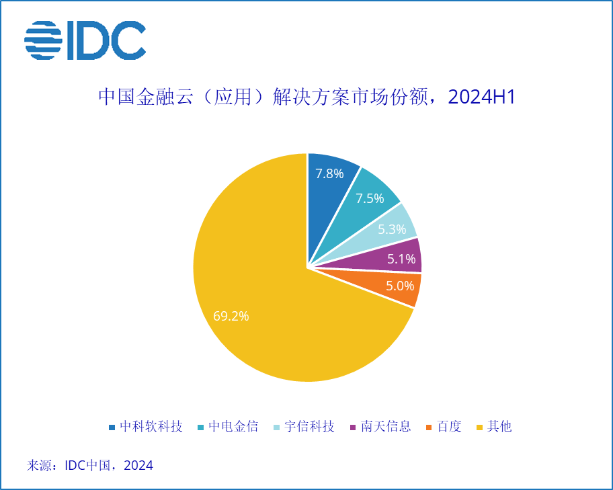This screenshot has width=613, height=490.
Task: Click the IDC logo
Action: (x=85, y=40)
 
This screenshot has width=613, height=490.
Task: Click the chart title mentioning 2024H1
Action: (x=306, y=97)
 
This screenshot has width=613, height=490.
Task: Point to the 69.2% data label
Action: (x=231, y=316)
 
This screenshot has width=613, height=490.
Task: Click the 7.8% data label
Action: (x=330, y=173)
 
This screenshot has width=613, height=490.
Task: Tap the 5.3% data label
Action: (x=392, y=229)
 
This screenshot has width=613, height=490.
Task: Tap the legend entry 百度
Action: (x=449, y=427)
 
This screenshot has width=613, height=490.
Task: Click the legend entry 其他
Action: (x=499, y=427)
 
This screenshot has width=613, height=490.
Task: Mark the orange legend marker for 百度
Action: (x=431, y=427)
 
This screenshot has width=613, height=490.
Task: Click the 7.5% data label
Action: (x=370, y=198)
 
